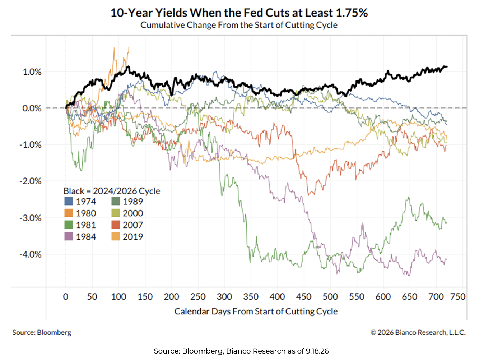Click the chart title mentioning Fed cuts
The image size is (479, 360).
(239, 13)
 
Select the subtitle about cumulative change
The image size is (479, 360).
(239, 25)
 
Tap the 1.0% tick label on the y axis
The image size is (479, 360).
(32, 72)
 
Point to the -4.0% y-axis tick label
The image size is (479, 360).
(30, 254)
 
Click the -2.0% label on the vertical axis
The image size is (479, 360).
(30, 181)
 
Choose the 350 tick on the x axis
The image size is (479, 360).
(251, 297)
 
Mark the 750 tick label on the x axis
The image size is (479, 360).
(458, 297)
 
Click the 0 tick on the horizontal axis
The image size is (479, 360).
(66, 297)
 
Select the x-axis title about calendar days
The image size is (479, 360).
(256, 311)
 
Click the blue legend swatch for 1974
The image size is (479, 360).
(69, 201)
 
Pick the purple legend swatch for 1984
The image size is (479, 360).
(69, 236)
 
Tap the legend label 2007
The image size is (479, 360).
(133, 225)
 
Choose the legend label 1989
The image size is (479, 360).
(133, 201)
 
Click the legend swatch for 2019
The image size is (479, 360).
(115, 236)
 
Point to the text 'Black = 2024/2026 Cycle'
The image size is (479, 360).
(112, 191)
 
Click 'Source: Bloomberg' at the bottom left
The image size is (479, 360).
(42, 332)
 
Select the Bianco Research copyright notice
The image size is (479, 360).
(418, 332)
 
